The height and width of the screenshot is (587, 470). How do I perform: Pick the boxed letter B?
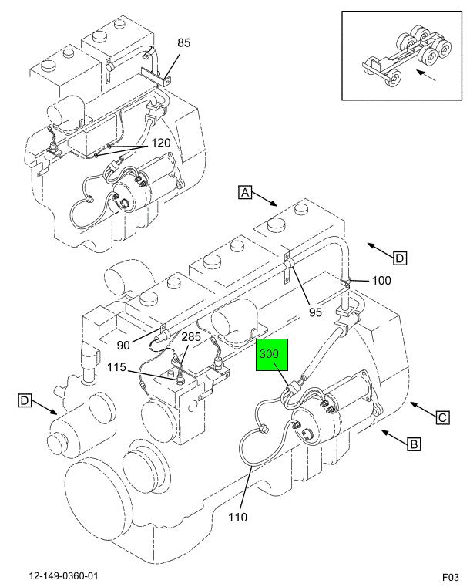click(x=413, y=444)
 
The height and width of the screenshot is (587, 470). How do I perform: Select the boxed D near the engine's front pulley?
click(x=25, y=400)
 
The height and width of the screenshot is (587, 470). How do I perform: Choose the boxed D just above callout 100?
click(x=399, y=257)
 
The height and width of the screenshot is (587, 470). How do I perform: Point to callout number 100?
click(x=382, y=280)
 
